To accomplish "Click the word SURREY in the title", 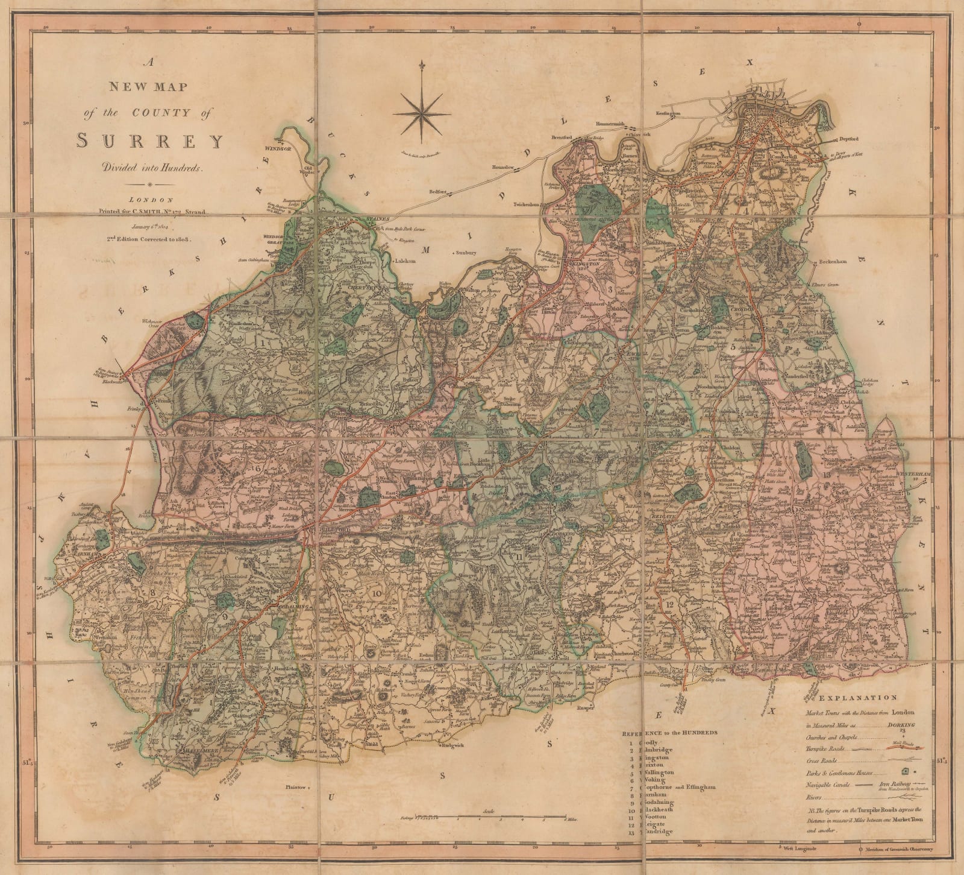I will (150, 141).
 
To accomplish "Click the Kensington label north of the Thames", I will (669, 113).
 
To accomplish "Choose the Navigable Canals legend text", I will (828, 785).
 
